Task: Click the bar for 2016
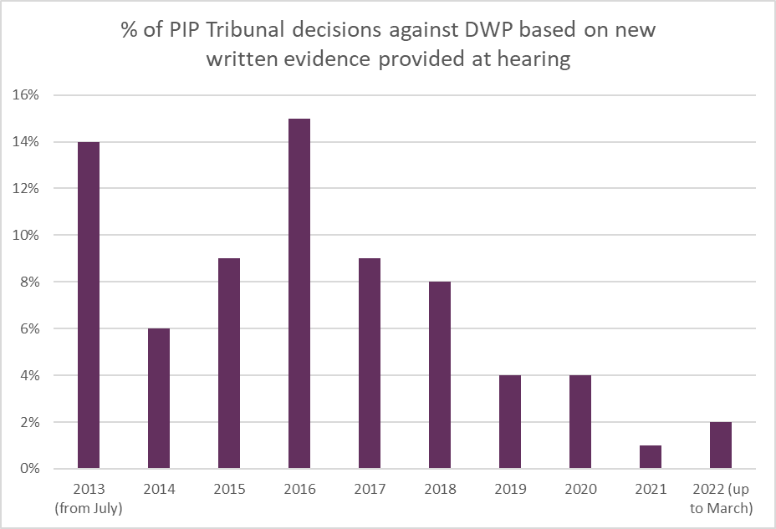299,293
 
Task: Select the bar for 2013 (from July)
89,305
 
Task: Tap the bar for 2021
650,457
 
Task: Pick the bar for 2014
159,399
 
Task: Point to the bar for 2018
440,375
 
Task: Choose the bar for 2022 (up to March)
720,445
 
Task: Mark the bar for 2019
509,422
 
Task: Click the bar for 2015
229,364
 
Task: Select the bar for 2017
370,364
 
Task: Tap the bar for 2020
579,422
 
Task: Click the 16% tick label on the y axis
26,95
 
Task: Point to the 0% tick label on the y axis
29,470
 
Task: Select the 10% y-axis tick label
26,236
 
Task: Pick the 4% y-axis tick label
29,376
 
